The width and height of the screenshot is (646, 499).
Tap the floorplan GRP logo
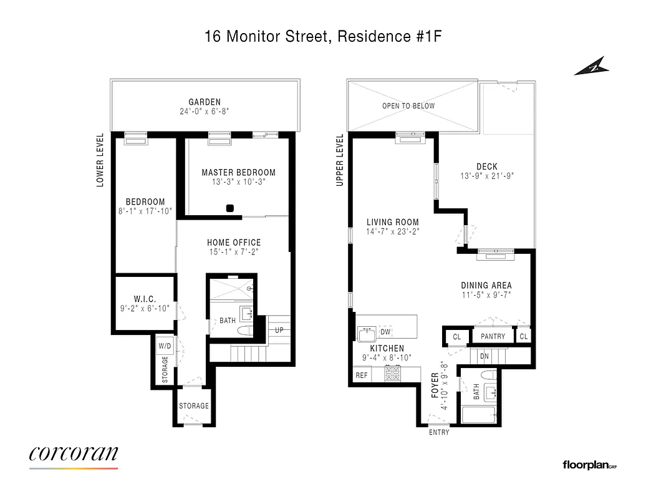589,465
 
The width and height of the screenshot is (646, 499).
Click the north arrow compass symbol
590,65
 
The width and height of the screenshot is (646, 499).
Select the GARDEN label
205,102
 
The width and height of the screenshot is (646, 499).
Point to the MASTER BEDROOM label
238,173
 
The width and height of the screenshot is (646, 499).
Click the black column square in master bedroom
230,208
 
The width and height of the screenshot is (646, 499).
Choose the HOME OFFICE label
234,243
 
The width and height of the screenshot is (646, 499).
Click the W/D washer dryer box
165,346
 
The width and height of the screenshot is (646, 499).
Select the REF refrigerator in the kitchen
362,375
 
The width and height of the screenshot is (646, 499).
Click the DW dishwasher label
385,332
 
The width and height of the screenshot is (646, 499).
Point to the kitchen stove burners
393,374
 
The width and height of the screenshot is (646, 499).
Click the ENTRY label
438,432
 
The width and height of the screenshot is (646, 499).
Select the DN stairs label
484,356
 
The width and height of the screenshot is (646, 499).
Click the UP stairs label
279,330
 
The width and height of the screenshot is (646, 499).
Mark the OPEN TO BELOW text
408,106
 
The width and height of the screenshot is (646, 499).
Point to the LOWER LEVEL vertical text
100,160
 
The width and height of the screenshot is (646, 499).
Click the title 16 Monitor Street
267,37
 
